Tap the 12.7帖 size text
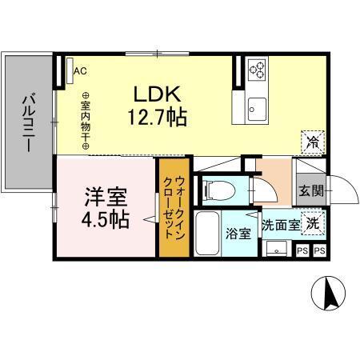pyautogui.click(x=157, y=118)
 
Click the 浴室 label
pyautogui.click(x=238, y=234)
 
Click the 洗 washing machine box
pyautogui.click(x=314, y=225)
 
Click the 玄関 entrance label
pyautogui.click(x=312, y=191)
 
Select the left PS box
pyautogui.click(x=302, y=251)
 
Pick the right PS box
pyautogui.click(x=319, y=251)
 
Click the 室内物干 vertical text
pyautogui.click(x=85, y=122)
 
